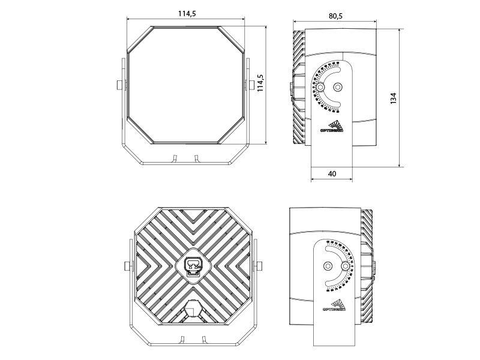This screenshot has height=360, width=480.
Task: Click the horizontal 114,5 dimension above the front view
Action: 187,14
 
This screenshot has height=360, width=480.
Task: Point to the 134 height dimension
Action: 393,98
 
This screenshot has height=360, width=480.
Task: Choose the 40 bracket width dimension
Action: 332,173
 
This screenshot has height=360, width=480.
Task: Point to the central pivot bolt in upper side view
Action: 337,87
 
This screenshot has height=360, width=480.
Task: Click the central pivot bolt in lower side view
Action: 328,266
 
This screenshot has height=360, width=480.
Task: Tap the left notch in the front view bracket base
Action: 175,158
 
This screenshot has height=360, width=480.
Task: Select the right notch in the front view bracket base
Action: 196,158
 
